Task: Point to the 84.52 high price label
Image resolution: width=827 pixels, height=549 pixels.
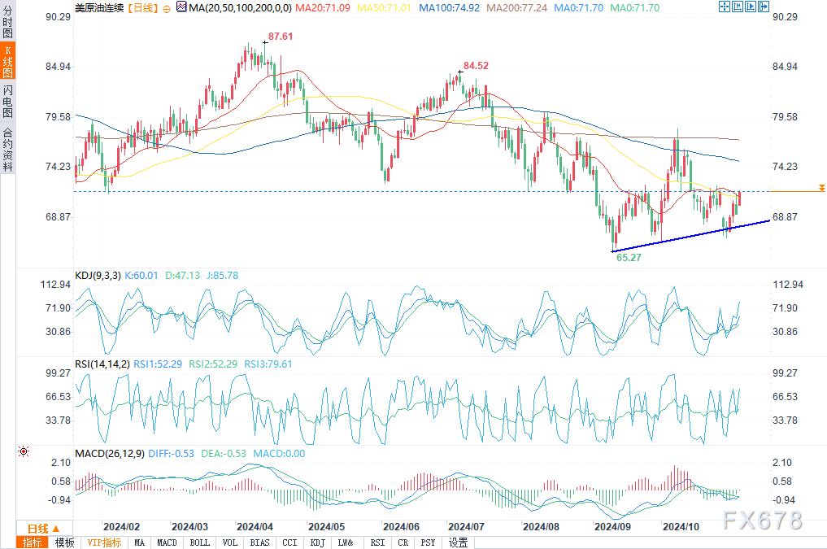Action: coord(476,66)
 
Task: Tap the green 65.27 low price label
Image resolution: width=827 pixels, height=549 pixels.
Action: coord(629,257)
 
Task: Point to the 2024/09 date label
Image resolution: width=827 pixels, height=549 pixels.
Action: coord(612,526)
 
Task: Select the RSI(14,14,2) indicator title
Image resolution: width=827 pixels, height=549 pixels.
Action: coord(101,364)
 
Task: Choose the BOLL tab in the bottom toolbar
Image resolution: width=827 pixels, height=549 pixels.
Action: coord(199,542)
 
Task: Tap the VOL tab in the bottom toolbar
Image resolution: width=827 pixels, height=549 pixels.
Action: coord(230,542)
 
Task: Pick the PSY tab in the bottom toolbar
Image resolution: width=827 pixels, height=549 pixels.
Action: coord(429,542)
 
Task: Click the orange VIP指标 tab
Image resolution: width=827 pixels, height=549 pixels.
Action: coord(104,542)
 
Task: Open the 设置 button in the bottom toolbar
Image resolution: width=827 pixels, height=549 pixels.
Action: coord(458,542)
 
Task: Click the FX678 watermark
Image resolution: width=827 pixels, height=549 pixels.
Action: coord(764,520)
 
